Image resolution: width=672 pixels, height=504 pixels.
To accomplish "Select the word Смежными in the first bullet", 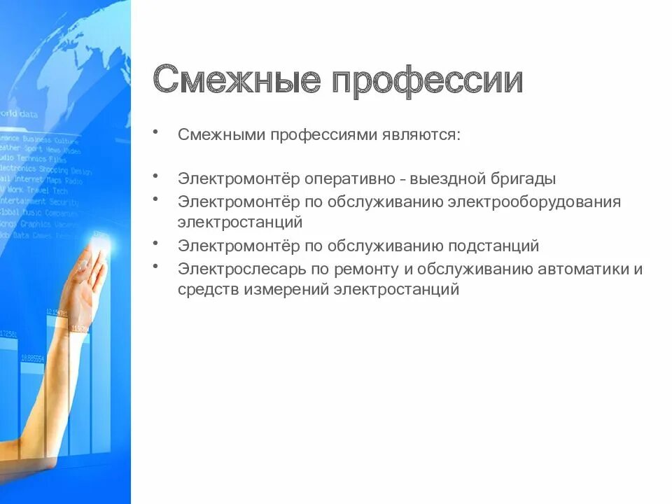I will tap(221, 134).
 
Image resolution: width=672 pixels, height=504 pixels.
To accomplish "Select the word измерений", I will tap(286, 289).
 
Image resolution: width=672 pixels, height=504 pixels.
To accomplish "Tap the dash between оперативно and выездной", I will tap(404, 179).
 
